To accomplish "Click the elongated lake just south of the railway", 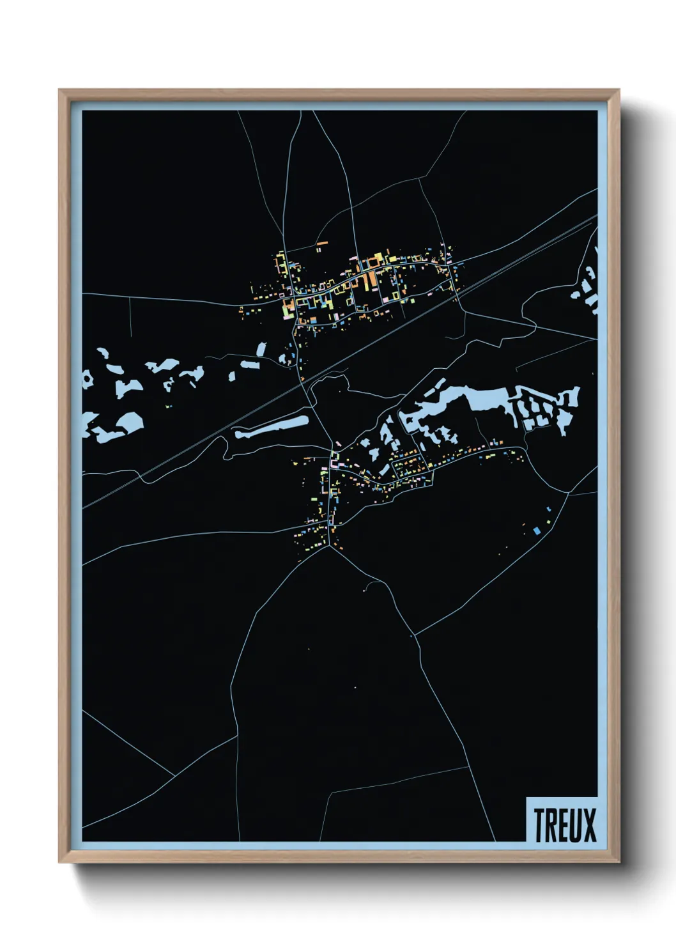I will (x=272, y=427).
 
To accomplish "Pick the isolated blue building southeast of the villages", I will (x=537, y=531).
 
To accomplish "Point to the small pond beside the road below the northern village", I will (x=261, y=349).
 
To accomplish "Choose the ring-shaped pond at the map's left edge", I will (x=86, y=379).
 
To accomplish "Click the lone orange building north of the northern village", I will (x=321, y=244).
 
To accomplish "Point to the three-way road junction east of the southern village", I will (x=567, y=493).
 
